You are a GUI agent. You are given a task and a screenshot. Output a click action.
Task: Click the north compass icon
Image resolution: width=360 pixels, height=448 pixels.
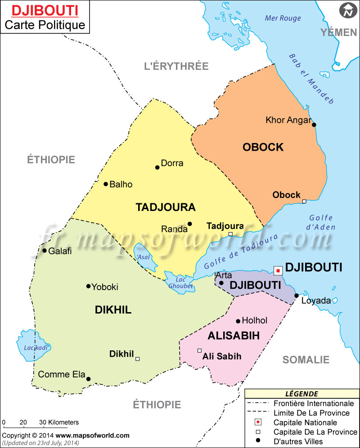coord(347,10)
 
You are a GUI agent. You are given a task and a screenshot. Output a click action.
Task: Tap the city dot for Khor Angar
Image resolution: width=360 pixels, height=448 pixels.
coord(314,125)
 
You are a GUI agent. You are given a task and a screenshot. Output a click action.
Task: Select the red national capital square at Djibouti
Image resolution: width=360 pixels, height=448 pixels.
coord(278,270)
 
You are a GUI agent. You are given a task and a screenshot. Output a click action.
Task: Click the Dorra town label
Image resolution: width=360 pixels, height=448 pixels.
coord(172,163)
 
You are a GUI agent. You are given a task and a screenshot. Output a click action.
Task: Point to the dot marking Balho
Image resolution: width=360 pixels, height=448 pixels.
coord(106,184)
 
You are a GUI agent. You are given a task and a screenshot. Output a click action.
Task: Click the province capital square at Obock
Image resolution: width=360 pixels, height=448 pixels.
coord(304,201)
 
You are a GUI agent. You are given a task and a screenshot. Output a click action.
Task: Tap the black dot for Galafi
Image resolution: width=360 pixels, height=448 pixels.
coord(45,251)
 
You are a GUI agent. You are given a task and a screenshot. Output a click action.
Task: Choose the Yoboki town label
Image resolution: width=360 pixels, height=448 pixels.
coord(105,287)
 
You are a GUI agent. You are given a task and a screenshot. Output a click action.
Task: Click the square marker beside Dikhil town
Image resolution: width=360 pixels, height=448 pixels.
coord(138,358)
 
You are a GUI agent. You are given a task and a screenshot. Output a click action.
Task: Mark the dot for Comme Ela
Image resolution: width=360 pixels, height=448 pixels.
coord(88,379)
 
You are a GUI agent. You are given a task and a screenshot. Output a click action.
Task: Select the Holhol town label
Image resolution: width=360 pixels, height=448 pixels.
coord(255,321)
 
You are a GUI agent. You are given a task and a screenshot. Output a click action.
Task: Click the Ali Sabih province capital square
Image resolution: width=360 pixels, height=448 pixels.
coord(199,350)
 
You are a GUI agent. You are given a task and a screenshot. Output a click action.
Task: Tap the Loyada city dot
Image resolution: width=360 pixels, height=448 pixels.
coord(297,296)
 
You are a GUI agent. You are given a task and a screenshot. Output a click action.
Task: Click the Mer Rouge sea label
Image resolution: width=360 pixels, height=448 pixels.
coord(283,18)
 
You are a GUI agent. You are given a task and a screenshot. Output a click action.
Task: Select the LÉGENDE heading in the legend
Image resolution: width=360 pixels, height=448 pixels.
coord(301,394)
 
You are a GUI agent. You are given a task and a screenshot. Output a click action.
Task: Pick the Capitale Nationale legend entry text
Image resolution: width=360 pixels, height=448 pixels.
coord(305,422)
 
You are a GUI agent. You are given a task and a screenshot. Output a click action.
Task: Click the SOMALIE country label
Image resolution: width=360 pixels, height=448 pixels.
coord(306,359)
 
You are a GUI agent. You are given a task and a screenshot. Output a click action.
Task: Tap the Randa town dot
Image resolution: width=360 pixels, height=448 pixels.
coord(190,224)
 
